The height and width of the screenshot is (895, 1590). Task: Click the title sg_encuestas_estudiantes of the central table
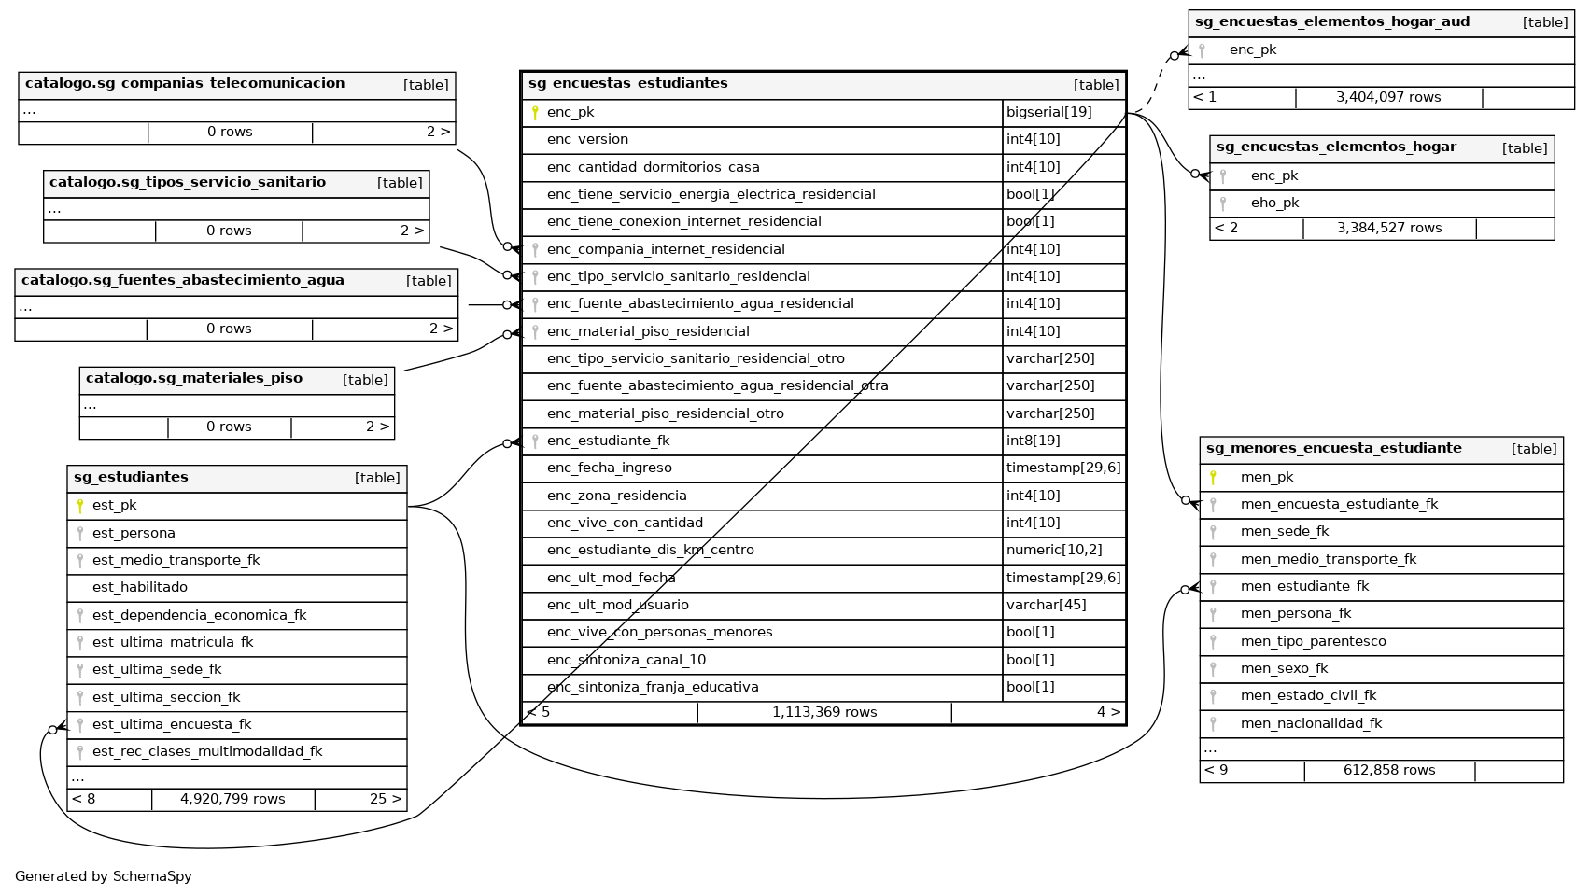627,83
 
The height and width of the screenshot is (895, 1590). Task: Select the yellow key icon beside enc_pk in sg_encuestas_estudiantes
535,113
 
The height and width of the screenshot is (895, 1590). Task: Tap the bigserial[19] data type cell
1048,112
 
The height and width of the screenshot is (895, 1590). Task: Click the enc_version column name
587,139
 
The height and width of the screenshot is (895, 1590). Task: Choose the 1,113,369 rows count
823,712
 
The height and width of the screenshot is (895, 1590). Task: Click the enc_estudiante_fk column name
608,441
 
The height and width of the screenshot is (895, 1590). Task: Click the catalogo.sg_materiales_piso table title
194,378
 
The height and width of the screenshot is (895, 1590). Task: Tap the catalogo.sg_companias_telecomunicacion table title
185,83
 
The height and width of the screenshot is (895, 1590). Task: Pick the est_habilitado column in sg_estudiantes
140,587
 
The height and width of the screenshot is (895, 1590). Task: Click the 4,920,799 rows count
232,799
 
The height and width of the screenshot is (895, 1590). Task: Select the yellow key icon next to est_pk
80,506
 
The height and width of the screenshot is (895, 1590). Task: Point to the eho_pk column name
1274,203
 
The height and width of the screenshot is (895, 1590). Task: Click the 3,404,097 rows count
1387,97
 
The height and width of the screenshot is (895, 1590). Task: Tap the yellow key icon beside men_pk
1213,478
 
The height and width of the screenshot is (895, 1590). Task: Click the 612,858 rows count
1389,770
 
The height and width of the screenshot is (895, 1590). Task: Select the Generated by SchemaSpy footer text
103,876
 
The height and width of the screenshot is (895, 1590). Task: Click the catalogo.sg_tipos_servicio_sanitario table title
188,182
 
